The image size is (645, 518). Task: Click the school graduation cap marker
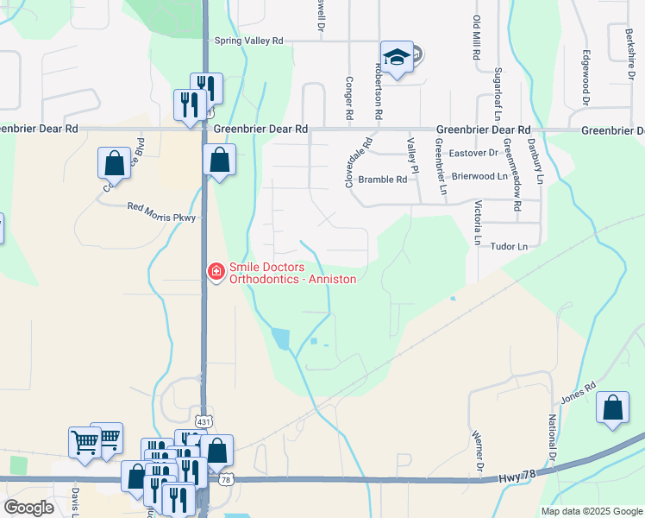click(396, 59)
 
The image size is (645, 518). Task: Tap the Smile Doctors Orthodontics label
click(292, 273)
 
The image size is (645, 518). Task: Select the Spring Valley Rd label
click(248, 41)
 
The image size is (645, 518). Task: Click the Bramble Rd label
click(382, 180)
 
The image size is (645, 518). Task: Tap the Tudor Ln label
click(508, 247)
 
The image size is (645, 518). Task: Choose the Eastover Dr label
click(474, 153)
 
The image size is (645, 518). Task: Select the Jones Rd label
click(579, 395)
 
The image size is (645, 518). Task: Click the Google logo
click(28, 508)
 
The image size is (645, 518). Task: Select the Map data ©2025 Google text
click(592, 511)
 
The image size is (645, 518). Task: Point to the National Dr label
click(550, 436)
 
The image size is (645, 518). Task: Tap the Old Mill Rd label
click(476, 37)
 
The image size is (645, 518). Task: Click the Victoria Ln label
click(477, 224)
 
